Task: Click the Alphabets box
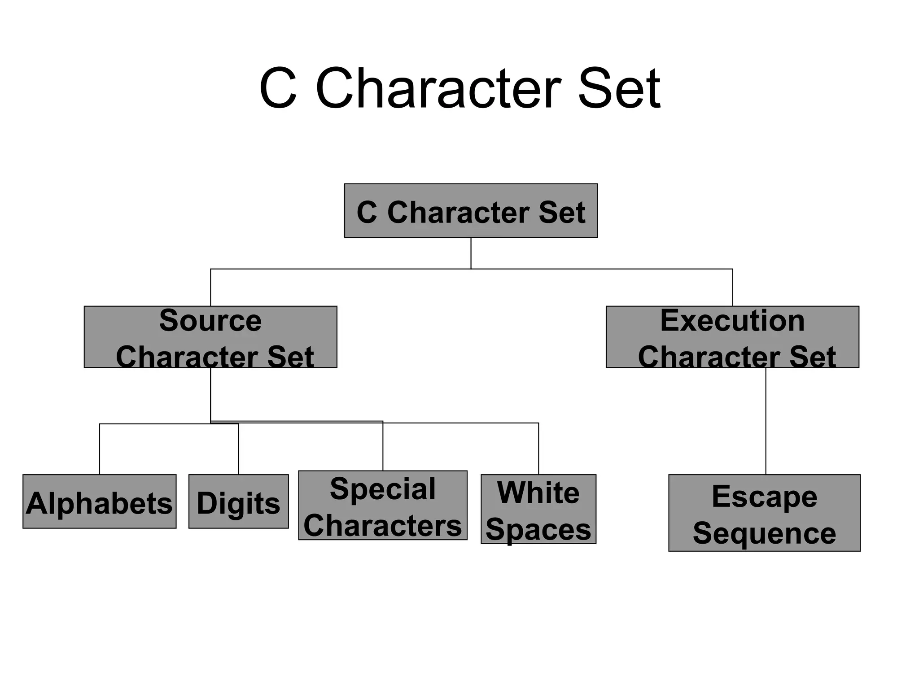99,501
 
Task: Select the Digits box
238,501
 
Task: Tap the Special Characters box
383,505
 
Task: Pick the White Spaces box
538,509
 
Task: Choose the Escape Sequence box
764,513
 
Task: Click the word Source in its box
210,321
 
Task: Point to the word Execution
732,321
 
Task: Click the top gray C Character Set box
471,210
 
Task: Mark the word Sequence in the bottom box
764,533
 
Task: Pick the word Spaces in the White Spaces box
538,530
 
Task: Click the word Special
383,488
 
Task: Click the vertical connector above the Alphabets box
100,449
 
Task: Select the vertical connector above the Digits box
239,449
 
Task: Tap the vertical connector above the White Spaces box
538,449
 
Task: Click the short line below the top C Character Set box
471,253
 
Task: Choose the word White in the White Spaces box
538,493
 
